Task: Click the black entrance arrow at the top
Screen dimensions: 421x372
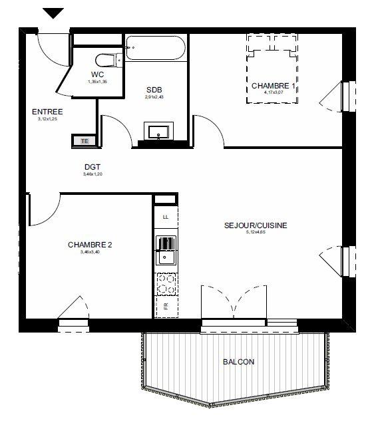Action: click(x=53, y=13)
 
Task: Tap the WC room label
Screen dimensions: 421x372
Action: click(x=98, y=74)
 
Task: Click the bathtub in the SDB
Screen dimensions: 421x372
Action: click(x=157, y=48)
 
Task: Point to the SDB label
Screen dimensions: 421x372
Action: click(x=154, y=90)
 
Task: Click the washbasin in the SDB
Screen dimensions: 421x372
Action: click(x=159, y=131)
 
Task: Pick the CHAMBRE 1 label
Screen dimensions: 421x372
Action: click(x=273, y=86)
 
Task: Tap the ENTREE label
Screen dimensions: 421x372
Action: click(x=47, y=112)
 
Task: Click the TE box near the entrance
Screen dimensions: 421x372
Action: click(x=84, y=140)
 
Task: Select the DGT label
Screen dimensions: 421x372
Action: click(x=93, y=168)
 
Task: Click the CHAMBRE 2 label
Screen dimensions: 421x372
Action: click(x=90, y=245)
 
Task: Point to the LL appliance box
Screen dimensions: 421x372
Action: click(x=166, y=217)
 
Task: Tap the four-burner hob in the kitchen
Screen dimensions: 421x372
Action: click(x=166, y=285)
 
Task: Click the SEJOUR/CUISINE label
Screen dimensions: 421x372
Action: click(x=256, y=225)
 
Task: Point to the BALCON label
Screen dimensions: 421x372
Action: click(x=238, y=362)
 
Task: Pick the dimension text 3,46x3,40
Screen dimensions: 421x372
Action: click(x=90, y=252)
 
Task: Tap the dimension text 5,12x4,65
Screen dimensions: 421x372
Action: click(x=256, y=233)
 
